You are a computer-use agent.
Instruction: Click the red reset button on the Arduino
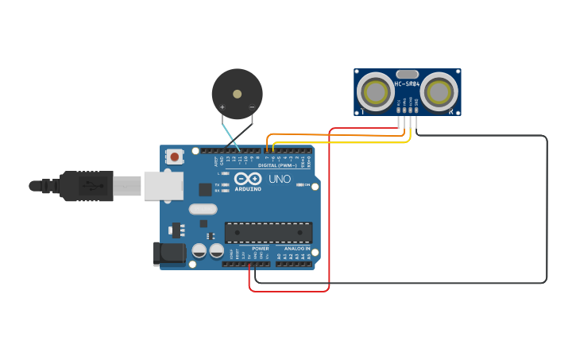tap(174, 157)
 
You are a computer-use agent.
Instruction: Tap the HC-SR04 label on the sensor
tap(407, 83)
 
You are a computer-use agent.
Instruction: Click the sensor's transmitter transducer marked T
tap(375, 92)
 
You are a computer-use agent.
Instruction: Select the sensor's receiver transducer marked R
tap(439, 92)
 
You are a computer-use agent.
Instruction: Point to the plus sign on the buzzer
tap(222, 107)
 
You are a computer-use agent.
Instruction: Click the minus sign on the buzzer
tap(252, 107)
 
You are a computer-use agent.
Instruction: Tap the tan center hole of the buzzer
tap(237, 93)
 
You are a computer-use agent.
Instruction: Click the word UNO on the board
tap(280, 179)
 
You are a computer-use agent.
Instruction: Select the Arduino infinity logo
tap(247, 179)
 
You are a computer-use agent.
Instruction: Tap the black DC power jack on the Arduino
tap(168, 254)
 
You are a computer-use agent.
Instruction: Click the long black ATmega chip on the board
tap(268, 232)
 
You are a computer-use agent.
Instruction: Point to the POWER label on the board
tap(261, 249)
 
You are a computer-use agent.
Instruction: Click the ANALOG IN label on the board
tap(296, 249)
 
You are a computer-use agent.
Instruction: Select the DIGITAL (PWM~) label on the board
tap(277, 165)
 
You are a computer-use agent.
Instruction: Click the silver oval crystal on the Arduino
tap(203, 209)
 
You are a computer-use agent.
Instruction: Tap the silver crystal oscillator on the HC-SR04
tap(407, 74)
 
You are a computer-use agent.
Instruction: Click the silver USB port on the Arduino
tap(163, 186)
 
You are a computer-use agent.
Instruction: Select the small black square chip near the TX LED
tap(205, 189)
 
